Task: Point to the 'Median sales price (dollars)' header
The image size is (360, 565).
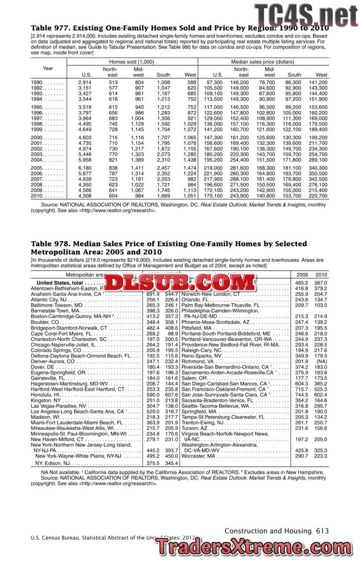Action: (262, 61)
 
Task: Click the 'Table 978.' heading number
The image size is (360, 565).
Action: (49, 245)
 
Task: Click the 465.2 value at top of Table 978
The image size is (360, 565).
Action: (301, 282)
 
